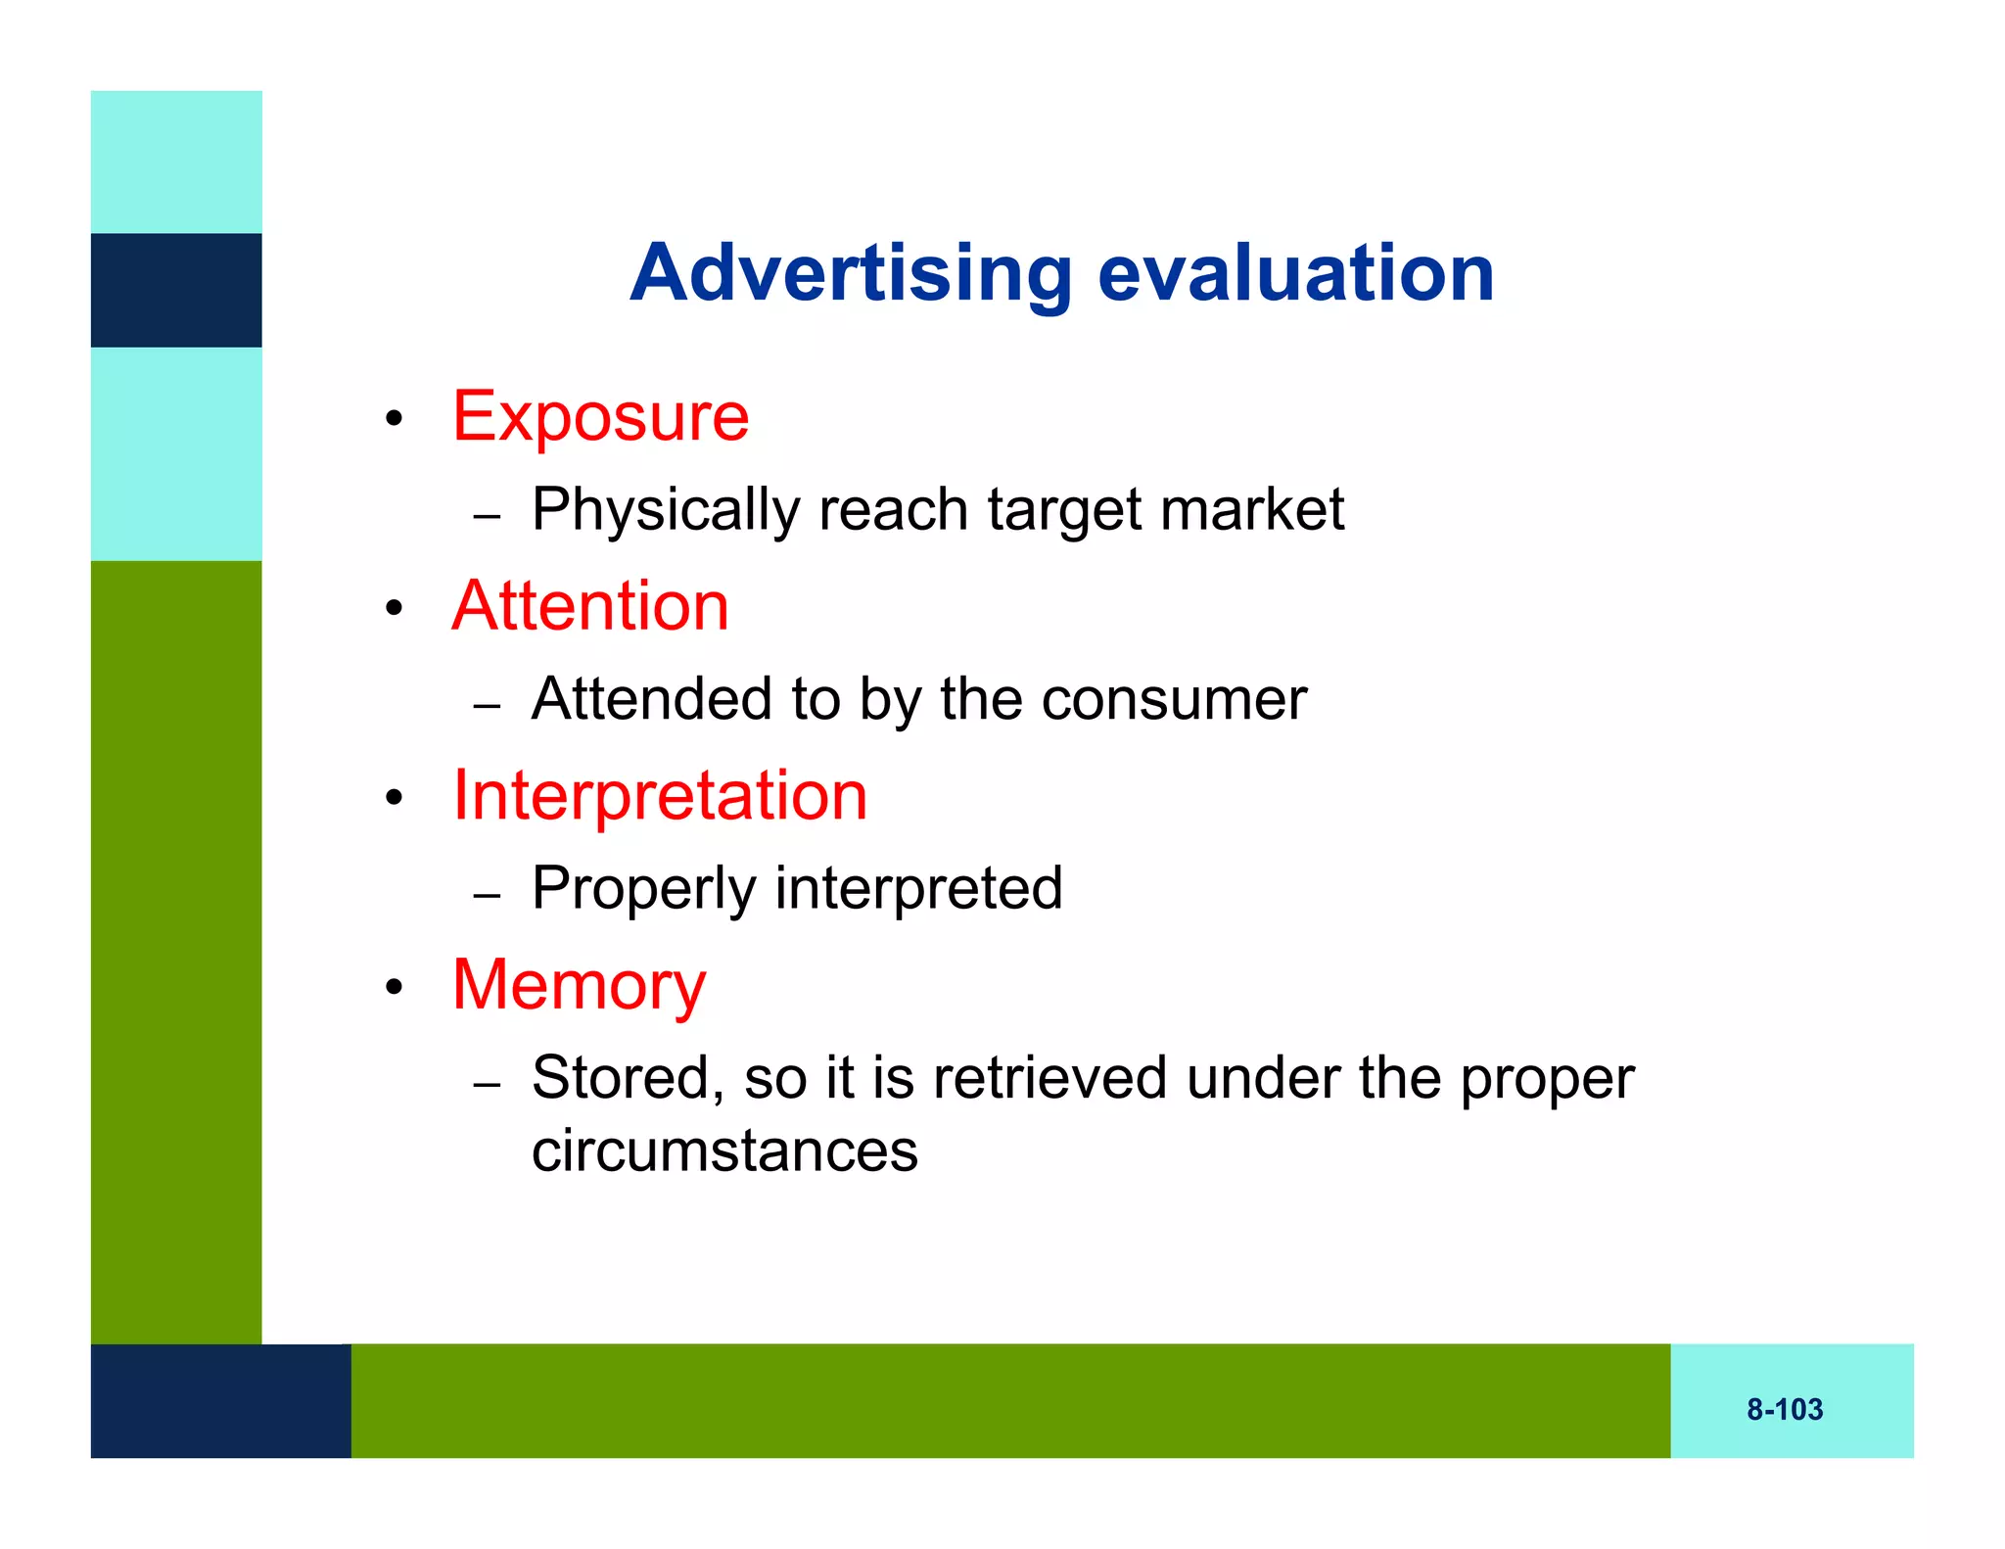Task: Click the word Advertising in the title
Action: [851, 274]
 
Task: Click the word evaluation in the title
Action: [1295, 274]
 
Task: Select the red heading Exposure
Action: [600, 417]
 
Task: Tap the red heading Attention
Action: [590, 606]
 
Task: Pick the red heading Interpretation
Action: [660, 796]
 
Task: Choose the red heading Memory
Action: [579, 985]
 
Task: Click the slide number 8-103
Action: [1785, 1410]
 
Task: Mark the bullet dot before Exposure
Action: [394, 420]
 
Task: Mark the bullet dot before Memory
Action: [394, 988]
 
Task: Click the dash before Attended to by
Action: [487, 705]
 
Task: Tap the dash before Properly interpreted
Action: [487, 895]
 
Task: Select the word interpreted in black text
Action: [918, 889]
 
